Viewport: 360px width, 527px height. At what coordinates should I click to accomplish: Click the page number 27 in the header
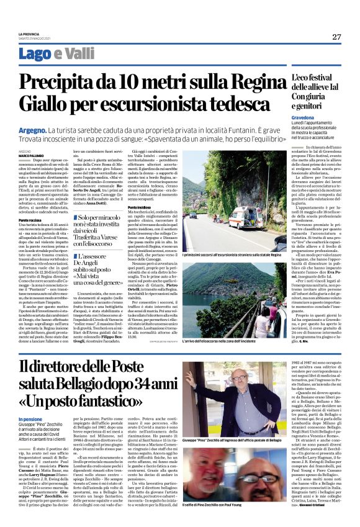336,37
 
